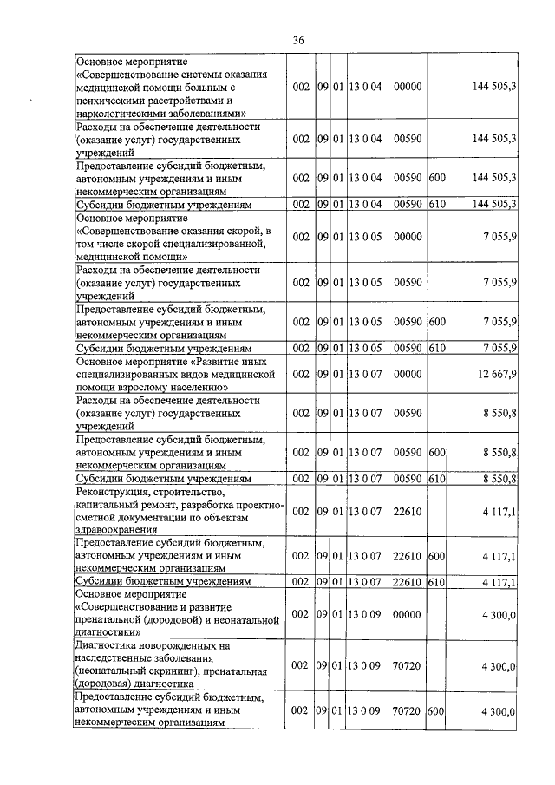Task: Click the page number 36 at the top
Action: point(298,40)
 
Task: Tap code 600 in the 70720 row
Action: point(436,711)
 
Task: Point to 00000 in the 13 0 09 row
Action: point(407,614)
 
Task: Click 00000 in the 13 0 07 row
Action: point(407,373)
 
